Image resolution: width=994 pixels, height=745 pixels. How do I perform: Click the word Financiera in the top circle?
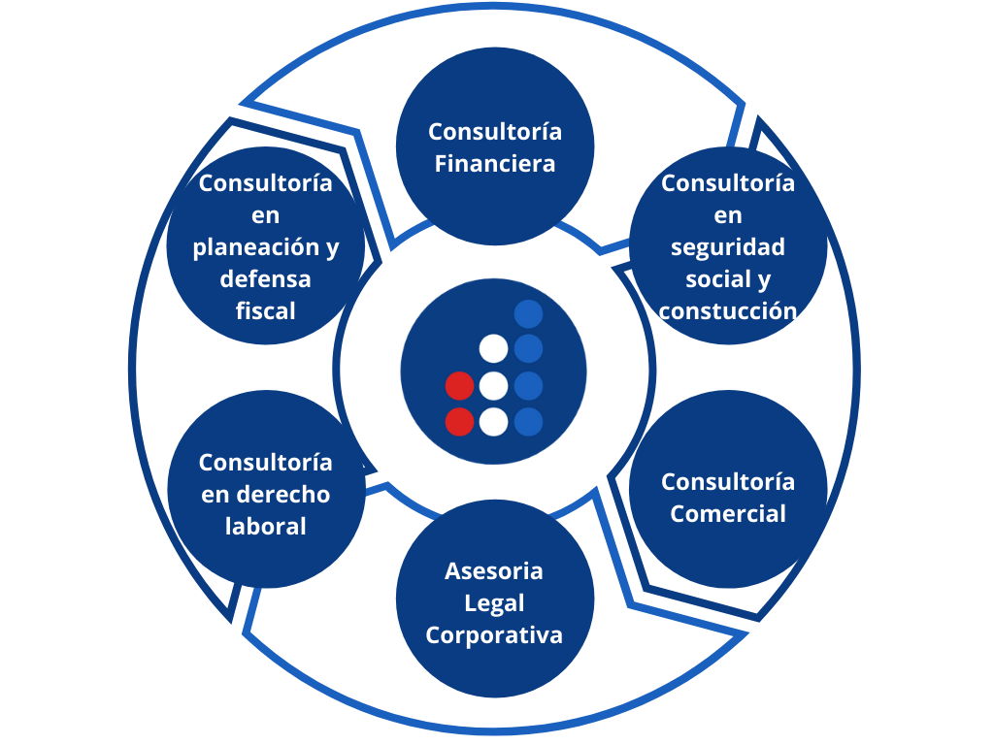(x=495, y=163)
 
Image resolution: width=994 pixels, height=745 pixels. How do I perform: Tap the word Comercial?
(x=728, y=513)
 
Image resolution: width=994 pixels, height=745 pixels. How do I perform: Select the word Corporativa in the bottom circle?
(x=494, y=635)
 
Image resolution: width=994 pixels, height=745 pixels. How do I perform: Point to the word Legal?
(x=494, y=602)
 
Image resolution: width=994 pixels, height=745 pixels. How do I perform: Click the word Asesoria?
(x=494, y=570)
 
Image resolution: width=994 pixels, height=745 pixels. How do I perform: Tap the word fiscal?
(x=265, y=310)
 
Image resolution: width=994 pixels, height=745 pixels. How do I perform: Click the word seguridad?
(x=728, y=246)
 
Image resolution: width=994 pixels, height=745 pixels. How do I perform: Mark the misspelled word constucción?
(x=728, y=310)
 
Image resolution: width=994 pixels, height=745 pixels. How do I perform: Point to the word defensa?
(x=265, y=278)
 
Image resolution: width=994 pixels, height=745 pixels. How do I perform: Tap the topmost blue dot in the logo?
(x=528, y=313)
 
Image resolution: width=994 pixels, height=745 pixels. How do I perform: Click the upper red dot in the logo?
(x=459, y=385)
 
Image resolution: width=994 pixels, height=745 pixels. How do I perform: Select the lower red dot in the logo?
(x=459, y=422)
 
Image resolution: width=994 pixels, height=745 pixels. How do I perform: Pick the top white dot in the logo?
(x=494, y=348)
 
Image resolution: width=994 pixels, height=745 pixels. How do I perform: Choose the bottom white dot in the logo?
(x=494, y=422)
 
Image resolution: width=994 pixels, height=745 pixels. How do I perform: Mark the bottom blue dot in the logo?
(x=528, y=422)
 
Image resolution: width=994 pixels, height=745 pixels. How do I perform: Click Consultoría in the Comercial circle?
(x=728, y=481)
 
